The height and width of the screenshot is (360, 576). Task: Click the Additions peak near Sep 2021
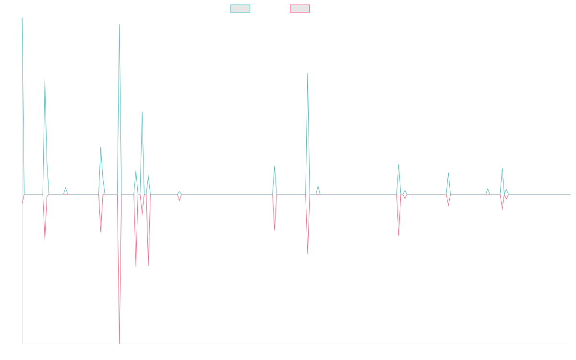pyautogui.click(x=120, y=24)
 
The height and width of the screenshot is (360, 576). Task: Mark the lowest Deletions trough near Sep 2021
pyautogui.click(x=120, y=343)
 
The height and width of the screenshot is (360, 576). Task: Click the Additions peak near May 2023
pyautogui.click(x=307, y=73)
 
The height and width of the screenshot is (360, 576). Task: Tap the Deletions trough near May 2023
pyautogui.click(x=307, y=253)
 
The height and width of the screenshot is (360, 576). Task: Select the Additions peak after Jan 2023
pyautogui.click(x=275, y=166)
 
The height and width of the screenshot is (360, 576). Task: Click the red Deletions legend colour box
pyautogui.click(x=300, y=9)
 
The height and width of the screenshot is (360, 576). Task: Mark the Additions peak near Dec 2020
pyautogui.click(x=45, y=81)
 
